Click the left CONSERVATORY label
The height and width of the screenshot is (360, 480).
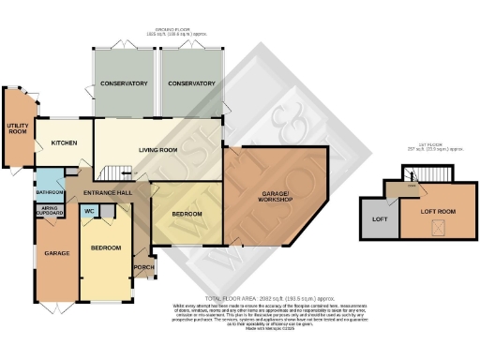(124, 83)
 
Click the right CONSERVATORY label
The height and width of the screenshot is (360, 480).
(191, 83)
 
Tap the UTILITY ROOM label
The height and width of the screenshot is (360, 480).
(17, 129)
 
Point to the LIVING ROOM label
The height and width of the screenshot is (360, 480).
(158, 149)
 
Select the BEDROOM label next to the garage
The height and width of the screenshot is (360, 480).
(106, 247)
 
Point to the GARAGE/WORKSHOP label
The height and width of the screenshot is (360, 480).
(277, 197)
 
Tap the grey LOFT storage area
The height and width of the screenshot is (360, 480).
(380, 219)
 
